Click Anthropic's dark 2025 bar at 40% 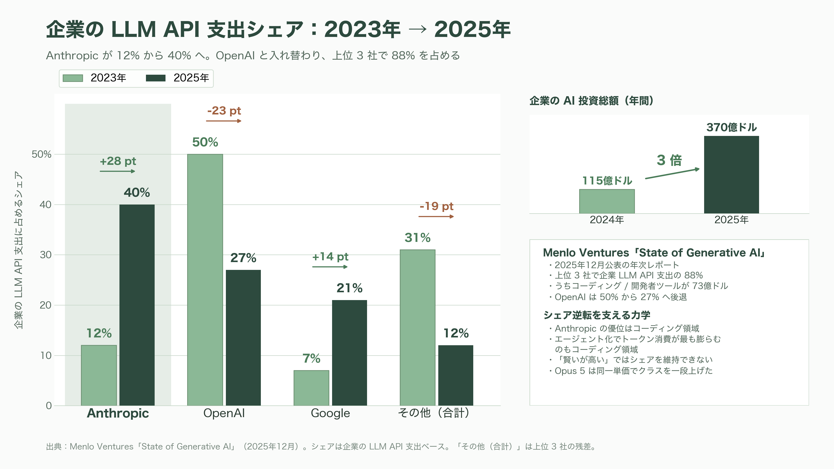[x=137, y=305]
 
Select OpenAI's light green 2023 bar [x=205, y=280]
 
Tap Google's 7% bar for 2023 [x=311, y=388]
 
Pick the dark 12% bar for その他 [x=455, y=375]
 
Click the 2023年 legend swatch [x=73, y=78]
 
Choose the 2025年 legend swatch [x=156, y=78]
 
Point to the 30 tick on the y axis [x=46, y=255]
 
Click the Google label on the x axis [x=330, y=413]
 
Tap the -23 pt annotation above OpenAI [x=224, y=111]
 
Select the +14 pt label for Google [x=330, y=257]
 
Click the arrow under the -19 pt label [x=436, y=216]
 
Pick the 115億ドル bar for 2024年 [x=607, y=201]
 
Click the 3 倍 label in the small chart [x=669, y=160]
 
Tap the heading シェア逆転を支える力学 [x=597, y=315]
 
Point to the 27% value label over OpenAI [x=243, y=258]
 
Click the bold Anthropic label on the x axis [x=118, y=413]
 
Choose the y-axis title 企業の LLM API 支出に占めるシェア [x=18, y=250]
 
